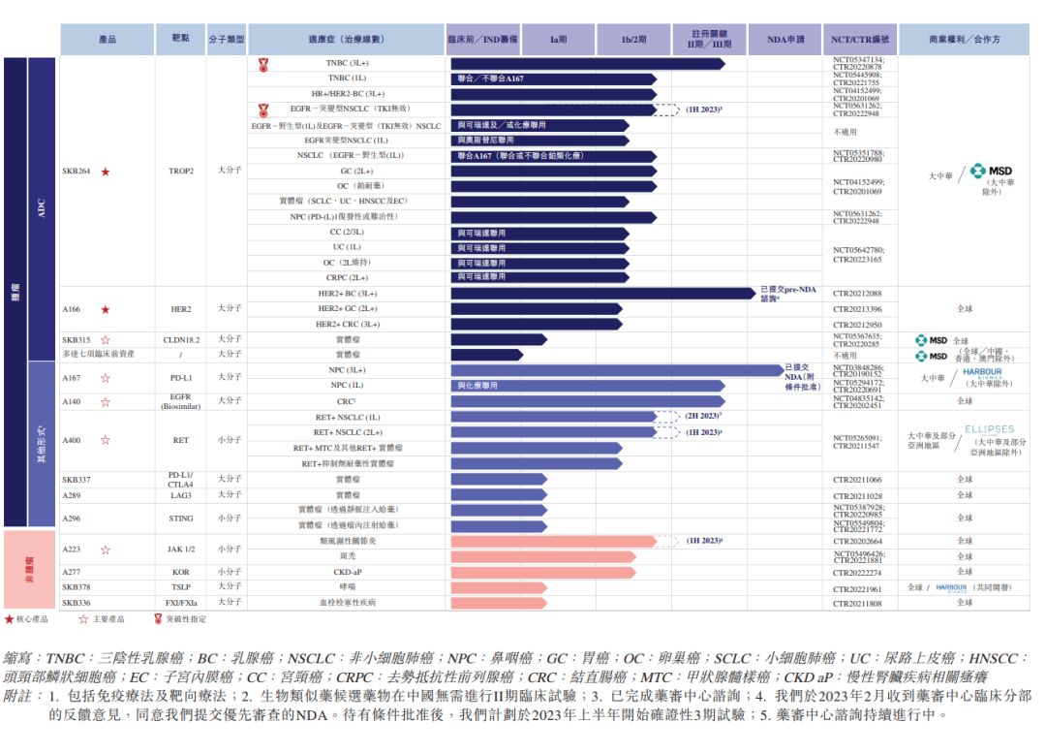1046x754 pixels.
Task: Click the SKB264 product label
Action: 77,172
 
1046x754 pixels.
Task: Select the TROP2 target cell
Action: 181,172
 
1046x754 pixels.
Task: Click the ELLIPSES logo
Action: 988,429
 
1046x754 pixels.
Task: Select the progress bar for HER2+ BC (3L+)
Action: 602,293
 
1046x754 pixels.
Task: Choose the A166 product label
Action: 73,309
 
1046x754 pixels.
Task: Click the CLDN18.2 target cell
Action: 181,339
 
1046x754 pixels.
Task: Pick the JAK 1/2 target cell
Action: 181,550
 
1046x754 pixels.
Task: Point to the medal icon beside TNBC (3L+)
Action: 262,64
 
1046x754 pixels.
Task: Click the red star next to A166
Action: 106,309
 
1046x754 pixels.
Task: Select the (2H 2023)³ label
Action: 702,417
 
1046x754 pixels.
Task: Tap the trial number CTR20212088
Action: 857,293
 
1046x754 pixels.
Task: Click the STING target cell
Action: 181,518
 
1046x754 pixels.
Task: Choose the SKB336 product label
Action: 77,602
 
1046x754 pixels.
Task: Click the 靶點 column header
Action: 181,40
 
